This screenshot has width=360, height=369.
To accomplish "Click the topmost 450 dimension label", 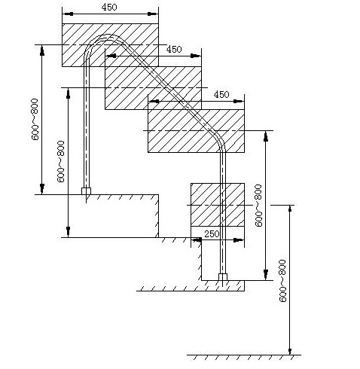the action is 109,7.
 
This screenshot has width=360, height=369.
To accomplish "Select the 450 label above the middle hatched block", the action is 174,49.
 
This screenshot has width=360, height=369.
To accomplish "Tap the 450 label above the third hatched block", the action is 221,94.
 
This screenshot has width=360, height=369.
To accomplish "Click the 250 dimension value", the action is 212,234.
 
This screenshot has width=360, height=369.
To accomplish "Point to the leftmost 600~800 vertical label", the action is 35,119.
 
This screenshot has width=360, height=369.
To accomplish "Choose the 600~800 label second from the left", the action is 61,161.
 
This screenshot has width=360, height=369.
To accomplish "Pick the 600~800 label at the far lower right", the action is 282,281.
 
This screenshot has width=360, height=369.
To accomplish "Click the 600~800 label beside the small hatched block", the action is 258,206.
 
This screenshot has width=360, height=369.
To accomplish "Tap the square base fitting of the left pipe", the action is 86,191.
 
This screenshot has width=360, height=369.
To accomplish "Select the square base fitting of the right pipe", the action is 223,277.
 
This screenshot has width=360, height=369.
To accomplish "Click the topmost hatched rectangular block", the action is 110,45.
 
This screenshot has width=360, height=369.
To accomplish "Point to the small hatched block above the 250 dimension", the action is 218,205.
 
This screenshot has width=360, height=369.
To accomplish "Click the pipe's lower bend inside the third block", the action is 219,138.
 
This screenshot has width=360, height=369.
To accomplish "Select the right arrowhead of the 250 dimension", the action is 239,240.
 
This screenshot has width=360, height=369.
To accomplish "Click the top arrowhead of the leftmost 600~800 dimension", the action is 42,50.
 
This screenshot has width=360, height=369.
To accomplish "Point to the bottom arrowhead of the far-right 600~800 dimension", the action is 290,349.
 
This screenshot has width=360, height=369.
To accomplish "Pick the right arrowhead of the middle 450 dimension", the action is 196,56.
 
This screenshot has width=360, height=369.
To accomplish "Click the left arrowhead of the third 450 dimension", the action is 154,102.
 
